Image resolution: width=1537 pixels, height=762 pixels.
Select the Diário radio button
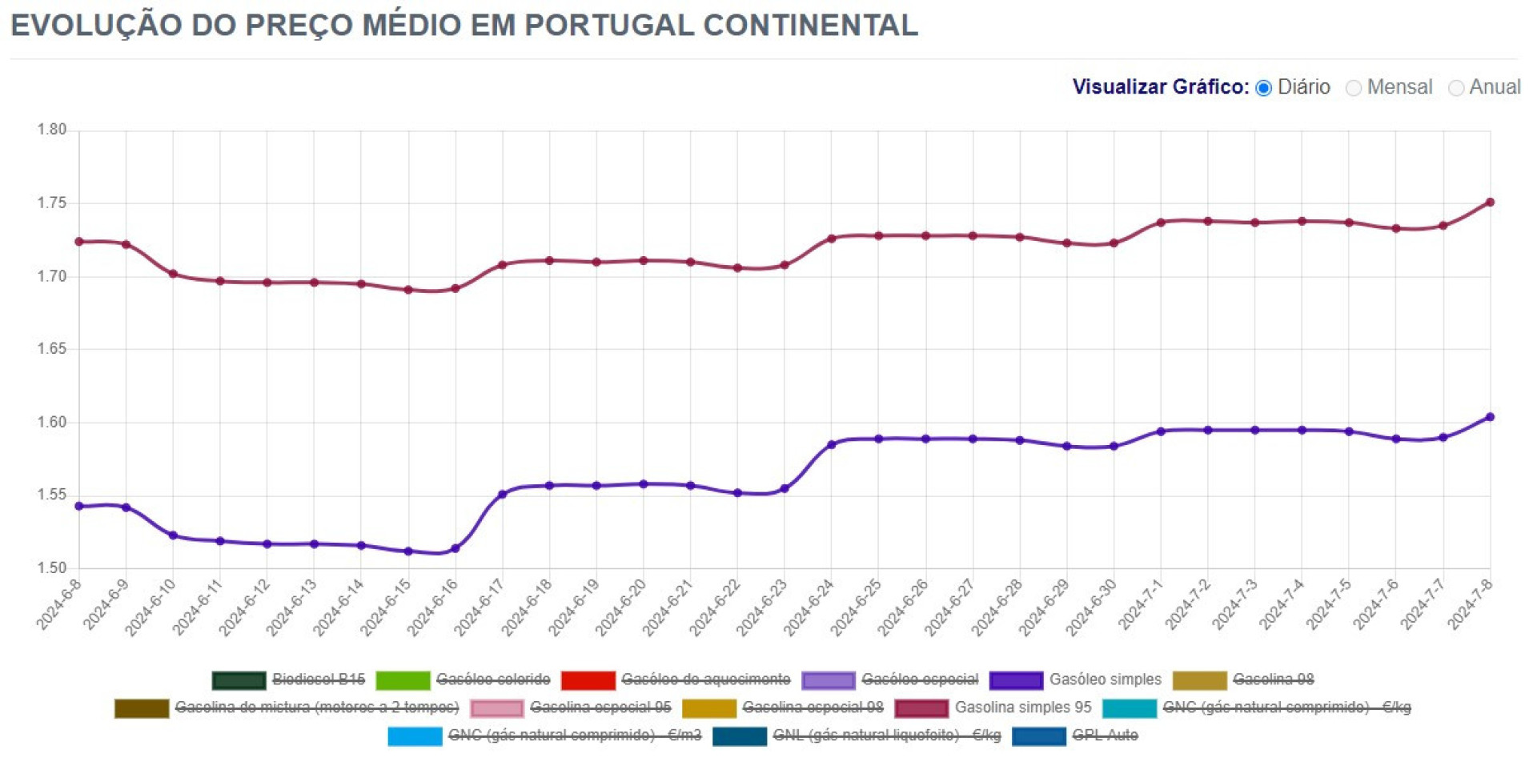coord(1264,88)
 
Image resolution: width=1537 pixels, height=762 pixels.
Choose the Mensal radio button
coord(1354,88)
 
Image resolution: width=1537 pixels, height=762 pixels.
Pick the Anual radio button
coord(1456,88)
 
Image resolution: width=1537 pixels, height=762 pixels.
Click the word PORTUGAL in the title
coord(609,26)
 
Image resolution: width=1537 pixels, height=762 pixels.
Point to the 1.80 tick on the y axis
coord(52,130)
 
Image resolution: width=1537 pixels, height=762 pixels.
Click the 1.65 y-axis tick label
coord(52,349)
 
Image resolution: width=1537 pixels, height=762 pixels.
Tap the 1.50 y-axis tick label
coord(52,568)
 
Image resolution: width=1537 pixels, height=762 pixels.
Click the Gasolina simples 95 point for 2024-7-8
coord(1490,203)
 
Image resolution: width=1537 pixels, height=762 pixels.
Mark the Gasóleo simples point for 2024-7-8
coord(1490,417)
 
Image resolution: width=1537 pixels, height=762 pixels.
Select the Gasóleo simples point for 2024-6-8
coord(79,507)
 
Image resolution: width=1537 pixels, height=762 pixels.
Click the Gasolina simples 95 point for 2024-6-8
coord(79,242)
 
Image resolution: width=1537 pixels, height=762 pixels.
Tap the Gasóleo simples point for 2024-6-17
coord(503,495)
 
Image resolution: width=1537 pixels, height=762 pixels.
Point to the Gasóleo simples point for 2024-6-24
coord(832,445)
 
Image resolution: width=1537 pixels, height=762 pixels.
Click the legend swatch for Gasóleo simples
coord(1016,680)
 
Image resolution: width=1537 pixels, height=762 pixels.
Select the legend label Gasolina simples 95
coord(1023,708)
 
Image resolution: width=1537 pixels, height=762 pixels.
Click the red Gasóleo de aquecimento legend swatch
coord(588,680)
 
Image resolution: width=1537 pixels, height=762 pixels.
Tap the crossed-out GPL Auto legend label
coord(1105,736)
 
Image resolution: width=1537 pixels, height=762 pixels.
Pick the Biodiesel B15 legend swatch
coord(239,680)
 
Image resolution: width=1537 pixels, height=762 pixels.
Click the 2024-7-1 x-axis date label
coord(1141,604)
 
